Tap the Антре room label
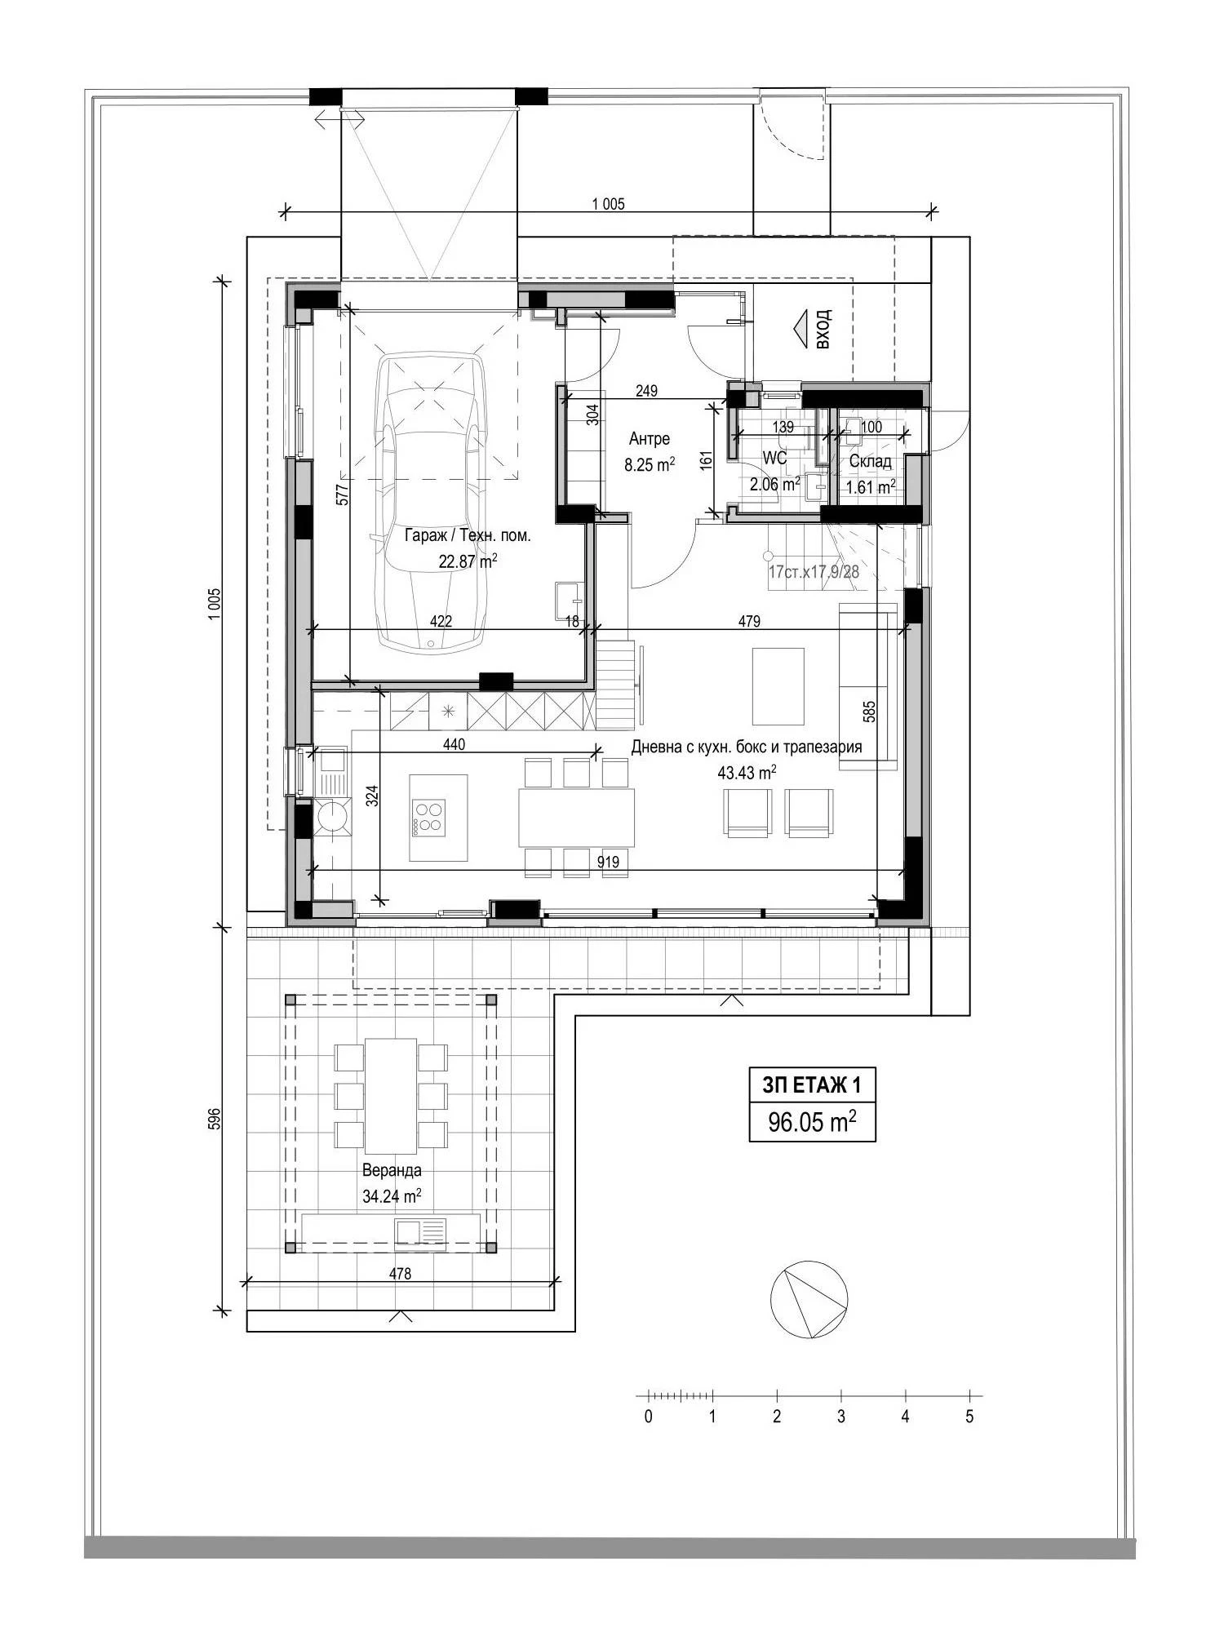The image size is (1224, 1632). (650, 439)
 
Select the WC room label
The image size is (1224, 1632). (774, 459)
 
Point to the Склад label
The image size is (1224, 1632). (870, 462)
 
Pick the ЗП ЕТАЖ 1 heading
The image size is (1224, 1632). (812, 1086)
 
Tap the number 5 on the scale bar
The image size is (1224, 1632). (969, 1417)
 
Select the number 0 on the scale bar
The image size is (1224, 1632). (648, 1417)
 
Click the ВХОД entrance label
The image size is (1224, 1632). (823, 329)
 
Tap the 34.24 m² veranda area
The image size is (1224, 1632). (392, 1196)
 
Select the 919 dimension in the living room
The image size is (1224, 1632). (608, 862)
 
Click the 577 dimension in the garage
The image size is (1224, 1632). (343, 494)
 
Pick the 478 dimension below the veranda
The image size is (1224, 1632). (400, 1273)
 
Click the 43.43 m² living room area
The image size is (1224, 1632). (747, 772)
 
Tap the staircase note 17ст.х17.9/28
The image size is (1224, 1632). (814, 572)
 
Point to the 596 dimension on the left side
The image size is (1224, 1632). (215, 1119)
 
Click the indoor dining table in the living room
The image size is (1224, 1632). (576, 818)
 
